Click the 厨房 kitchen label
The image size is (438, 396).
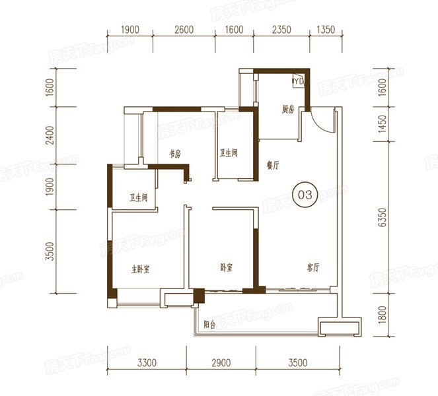pyautogui.click(x=288, y=110)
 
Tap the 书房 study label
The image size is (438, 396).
pyautogui.click(x=175, y=154)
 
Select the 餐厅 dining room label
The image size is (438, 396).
pyautogui.click(x=273, y=165)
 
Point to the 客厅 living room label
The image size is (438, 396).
pyautogui.click(x=312, y=267)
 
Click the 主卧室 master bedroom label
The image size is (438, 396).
pyautogui.click(x=140, y=269)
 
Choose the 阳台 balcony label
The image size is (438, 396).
pyautogui.click(x=209, y=325)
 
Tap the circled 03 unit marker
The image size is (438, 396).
pyautogui.click(x=305, y=195)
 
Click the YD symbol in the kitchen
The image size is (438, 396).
pyautogui.click(x=298, y=81)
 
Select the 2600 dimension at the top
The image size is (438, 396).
pyautogui.click(x=184, y=30)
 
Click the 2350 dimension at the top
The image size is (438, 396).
pyautogui.click(x=281, y=30)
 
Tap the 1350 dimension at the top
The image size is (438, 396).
pyautogui.click(x=326, y=30)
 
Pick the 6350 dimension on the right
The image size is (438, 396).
pyautogui.click(x=383, y=217)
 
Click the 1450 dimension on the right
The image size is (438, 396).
pyautogui.click(x=383, y=124)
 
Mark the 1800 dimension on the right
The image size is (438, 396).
pyautogui.click(x=383, y=315)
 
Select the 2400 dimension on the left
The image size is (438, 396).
pyautogui.click(x=50, y=135)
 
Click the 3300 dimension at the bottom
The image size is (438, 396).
pyautogui.click(x=147, y=363)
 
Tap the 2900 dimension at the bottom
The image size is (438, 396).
pyautogui.click(x=221, y=363)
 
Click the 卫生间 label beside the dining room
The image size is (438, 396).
pyautogui.click(x=228, y=153)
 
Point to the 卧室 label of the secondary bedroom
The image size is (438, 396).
pyautogui.click(x=226, y=267)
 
